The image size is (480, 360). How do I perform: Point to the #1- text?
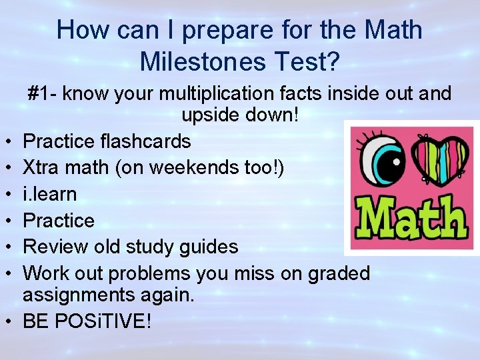[x=41, y=94]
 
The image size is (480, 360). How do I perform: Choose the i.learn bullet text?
[x=50, y=195]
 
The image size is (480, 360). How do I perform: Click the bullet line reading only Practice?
[x=59, y=221]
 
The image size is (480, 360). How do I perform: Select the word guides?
[x=209, y=247]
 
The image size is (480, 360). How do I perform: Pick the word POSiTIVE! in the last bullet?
[x=105, y=321]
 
